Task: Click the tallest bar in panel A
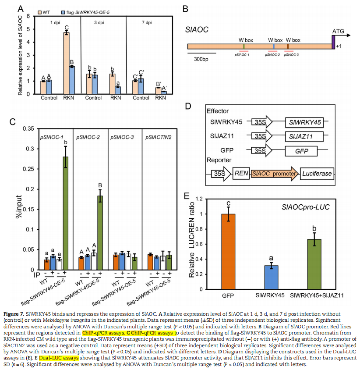(67, 63)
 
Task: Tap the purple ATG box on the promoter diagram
(333, 43)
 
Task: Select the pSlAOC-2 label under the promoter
(274, 56)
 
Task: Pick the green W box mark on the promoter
(244, 46)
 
